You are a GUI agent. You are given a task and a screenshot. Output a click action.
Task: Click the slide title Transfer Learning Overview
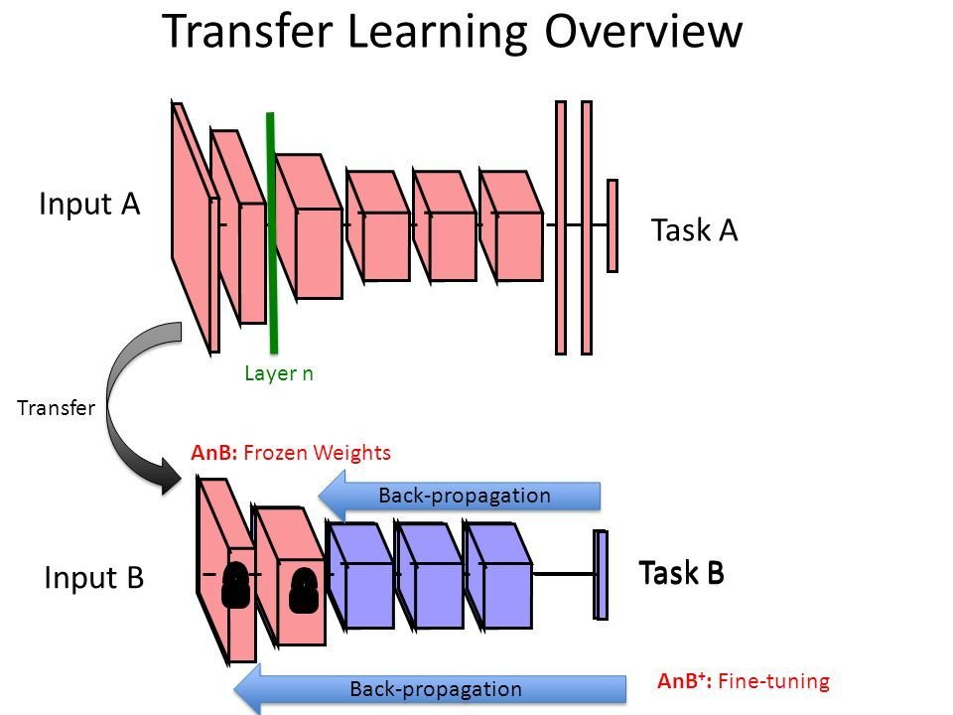tap(452, 32)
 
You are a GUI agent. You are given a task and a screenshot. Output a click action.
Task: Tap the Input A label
tap(89, 205)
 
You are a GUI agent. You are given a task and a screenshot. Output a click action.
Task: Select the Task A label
tap(694, 230)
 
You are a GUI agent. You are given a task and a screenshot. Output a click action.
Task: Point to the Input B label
tap(94, 577)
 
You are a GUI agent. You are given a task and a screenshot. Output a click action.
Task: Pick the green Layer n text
tap(278, 373)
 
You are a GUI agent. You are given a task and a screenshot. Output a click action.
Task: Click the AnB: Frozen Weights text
tap(291, 453)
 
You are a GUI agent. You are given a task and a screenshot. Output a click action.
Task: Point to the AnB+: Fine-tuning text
tap(743, 681)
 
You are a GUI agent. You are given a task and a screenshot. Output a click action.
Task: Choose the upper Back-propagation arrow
tap(462, 496)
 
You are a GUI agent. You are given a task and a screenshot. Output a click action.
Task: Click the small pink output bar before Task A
tap(613, 225)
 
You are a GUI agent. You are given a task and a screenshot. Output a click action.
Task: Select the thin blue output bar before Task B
tap(600, 575)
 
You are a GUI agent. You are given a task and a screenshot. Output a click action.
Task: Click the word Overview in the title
tap(643, 32)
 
